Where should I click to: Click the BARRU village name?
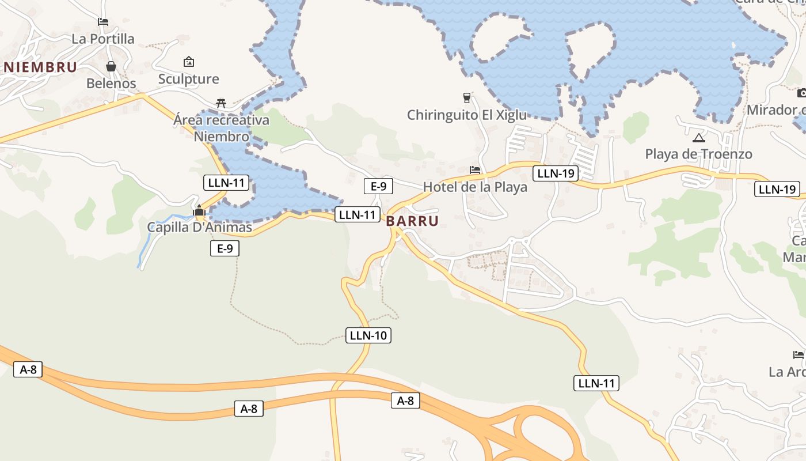click(412, 221)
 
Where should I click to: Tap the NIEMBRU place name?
click(40, 67)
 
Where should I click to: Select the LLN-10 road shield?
click(368, 335)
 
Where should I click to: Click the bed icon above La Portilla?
click(103, 22)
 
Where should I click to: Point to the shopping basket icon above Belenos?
click(111, 66)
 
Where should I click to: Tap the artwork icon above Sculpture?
click(189, 62)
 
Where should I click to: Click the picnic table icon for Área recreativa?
click(221, 103)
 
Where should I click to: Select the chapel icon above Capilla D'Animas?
click(199, 210)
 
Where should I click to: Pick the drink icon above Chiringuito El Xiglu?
click(467, 97)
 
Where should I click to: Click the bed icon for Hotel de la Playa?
click(475, 170)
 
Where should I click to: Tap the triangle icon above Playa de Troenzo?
click(698, 138)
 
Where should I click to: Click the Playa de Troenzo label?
click(698, 154)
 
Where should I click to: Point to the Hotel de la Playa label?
click(475, 187)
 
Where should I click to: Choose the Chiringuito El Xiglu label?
click(467, 115)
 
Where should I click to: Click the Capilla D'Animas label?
click(199, 227)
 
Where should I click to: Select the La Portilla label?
click(103, 39)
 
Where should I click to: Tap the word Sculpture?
click(189, 79)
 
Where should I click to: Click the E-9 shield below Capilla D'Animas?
click(225, 248)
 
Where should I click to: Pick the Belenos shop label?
click(111, 84)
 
